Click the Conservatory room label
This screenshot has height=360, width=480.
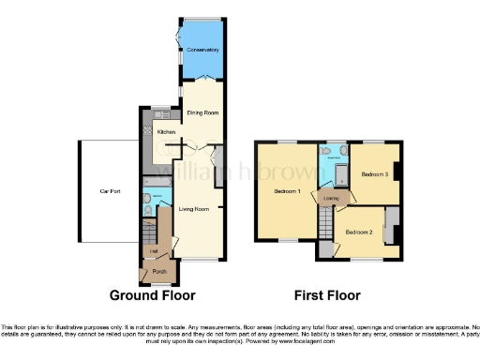point(202,50)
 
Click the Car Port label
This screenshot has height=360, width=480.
point(111,191)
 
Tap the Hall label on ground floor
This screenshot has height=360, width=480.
point(152,251)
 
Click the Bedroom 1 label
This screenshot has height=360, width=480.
point(287,191)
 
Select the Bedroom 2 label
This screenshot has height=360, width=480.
point(359,232)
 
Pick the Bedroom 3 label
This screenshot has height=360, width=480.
point(374,174)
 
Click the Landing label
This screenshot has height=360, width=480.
point(331,198)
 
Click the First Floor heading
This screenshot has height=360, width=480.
point(327,296)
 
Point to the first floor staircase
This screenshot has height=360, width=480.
point(325,223)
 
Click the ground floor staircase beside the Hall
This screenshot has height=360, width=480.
point(148,232)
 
